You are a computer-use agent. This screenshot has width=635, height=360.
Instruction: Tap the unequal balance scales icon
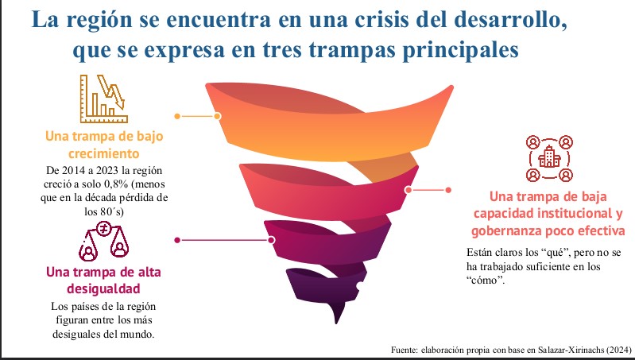[x=103, y=242]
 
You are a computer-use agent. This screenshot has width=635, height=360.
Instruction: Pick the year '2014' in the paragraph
[x=79, y=170]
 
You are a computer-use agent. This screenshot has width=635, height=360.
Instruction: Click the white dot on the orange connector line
[x=218, y=116]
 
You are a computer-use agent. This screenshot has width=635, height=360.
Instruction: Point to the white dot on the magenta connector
[x=272, y=239]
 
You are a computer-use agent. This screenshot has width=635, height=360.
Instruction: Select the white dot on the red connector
[x=408, y=190]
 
